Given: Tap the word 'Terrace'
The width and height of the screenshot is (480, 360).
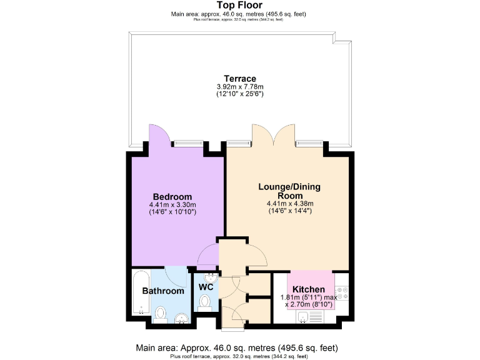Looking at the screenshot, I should pos(240,79).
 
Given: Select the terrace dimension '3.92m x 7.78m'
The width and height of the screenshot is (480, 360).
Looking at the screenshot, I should pos(240,87).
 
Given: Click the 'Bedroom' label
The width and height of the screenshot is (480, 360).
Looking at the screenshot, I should pos(172,197).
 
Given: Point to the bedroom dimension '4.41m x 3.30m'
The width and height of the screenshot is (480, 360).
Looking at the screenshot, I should pos(172,204).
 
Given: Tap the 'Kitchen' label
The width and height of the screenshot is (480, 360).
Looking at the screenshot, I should pos(309,289).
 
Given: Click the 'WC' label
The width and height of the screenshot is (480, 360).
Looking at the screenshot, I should pos(206,287).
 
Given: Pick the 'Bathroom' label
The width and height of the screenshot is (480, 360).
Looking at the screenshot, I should pos(163,291).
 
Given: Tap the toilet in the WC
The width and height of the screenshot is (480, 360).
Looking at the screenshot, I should pos(204,302).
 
